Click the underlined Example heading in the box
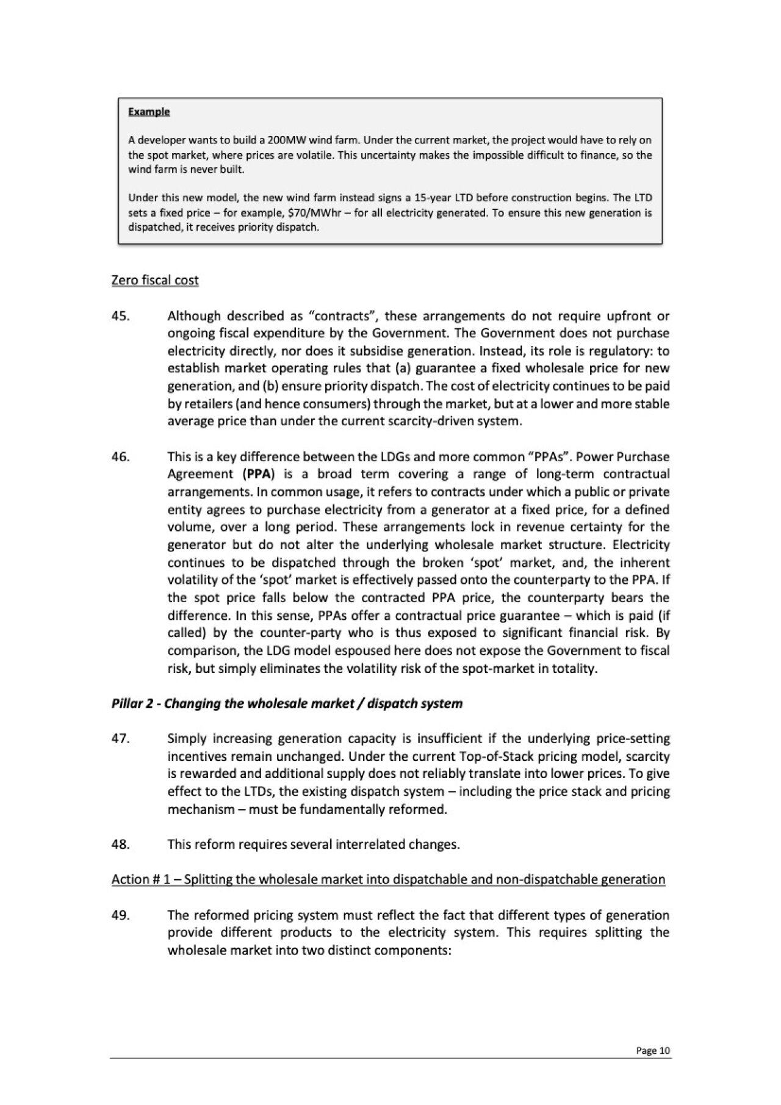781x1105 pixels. [149, 112]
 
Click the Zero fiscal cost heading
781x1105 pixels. [155, 280]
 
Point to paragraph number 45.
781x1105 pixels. [120, 316]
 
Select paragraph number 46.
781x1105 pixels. [120, 457]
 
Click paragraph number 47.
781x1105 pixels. [120, 739]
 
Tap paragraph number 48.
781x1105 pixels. [120, 844]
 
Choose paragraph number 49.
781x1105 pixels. [120, 915]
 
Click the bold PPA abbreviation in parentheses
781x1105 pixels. [254, 474]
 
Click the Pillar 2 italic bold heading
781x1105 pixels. [287, 704]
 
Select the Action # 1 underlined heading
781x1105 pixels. [388, 879]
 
